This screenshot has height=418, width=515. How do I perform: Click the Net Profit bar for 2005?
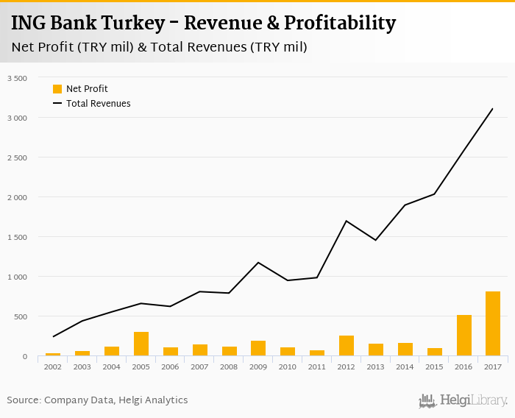(x=141, y=344)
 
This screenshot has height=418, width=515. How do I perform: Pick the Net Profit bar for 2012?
(x=346, y=346)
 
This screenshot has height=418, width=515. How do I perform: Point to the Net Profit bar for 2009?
(x=258, y=349)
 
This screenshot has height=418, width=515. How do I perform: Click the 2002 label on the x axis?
(x=53, y=366)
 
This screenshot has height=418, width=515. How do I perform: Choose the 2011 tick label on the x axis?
(x=316, y=366)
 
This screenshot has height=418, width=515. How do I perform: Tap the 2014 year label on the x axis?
(x=405, y=366)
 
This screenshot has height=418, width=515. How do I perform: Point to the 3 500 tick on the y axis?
(x=16, y=78)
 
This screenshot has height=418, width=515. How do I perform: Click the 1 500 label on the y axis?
(x=16, y=237)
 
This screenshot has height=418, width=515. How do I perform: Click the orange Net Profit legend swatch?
(x=57, y=89)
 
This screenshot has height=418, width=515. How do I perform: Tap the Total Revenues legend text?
(x=98, y=104)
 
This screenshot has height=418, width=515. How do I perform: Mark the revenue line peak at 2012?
(x=346, y=221)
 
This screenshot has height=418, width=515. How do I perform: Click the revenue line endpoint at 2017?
(x=492, y=109)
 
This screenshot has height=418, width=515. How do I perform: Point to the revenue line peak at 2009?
(x=258, y=263)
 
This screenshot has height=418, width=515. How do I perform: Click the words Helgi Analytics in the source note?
(x=154, y=400)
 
